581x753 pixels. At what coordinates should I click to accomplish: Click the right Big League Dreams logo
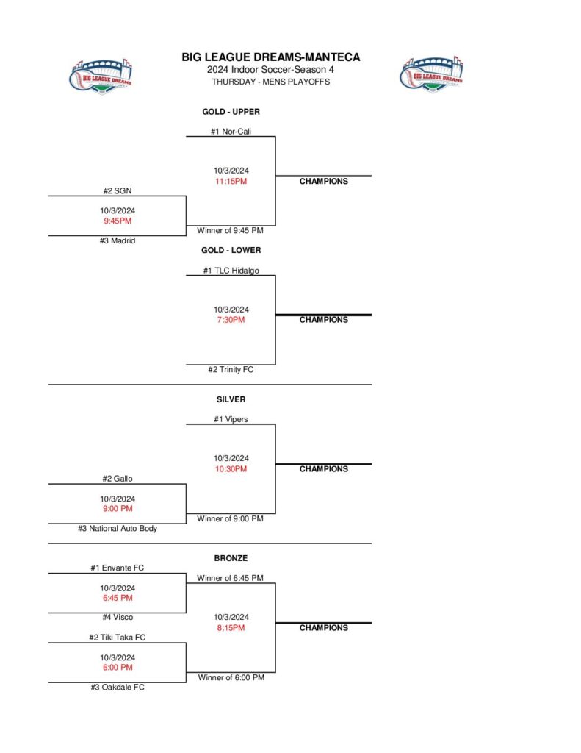click(432, 75)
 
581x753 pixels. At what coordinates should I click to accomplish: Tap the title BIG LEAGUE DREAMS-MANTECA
click(271, 57)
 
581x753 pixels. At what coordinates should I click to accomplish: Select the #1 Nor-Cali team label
click(231, 132)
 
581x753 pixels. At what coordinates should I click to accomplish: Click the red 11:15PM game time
click(231, 181)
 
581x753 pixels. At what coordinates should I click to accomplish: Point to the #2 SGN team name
click(118, 190)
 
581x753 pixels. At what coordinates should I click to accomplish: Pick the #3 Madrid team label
click(118, 240)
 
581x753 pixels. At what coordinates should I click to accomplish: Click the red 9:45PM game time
click(118, 221)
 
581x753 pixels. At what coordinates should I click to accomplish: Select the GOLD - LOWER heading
click(231, 250)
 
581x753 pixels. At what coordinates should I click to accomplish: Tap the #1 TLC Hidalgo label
click(231, 271)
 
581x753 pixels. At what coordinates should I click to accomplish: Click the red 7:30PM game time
click(231, 320)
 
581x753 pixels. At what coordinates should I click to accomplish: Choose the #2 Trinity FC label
click(231, 370)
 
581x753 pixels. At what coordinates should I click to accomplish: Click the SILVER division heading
click(231, 399)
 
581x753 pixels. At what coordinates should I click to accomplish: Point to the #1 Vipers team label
click(231, 419)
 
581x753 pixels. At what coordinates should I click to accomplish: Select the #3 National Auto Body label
click(118, 528)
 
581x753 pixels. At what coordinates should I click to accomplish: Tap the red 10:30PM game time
click(231, 469)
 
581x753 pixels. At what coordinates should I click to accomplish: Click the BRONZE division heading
click(231, 558)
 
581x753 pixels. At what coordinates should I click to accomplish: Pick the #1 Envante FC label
click(118, 568)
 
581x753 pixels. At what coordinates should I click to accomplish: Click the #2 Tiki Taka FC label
click(118, 638)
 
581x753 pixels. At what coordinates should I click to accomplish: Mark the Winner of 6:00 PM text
click(231, 677)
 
